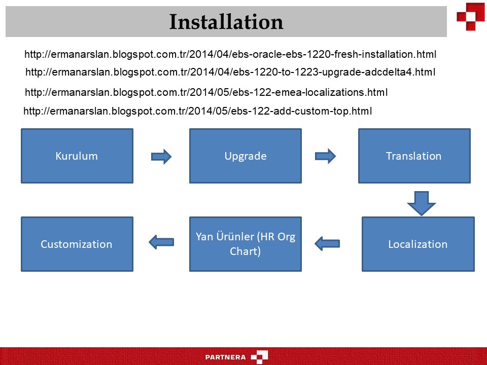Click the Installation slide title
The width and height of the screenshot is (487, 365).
click(x=226, y=22)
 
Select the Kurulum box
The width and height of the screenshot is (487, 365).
click(x=77, y=156)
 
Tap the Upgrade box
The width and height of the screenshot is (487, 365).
click(x=246, y=156)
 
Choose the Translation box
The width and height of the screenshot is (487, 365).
click(x=414, y=156)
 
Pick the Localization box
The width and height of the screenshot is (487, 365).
click(x=418, y=244)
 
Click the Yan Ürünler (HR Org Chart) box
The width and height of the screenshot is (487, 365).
click(x=246, y=244)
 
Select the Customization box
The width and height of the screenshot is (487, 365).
click(x=77, y=244)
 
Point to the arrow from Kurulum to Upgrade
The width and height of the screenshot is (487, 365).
click(x=161, y=156)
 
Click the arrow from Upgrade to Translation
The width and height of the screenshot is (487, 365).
click(x=325, y=156)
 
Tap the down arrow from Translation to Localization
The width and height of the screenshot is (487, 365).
click(x=422, y=203)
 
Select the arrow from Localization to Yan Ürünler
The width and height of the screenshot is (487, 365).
click(x=327, y=244)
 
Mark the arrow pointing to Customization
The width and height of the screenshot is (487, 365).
click(x=161, y=242)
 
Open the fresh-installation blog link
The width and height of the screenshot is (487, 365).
click(x=230, y=54)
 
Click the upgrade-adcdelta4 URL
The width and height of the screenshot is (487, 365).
click(x=230, y=72)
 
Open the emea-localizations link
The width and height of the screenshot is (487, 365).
click(x=206, y=92)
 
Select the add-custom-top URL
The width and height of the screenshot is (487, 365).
click(x=198, y=111)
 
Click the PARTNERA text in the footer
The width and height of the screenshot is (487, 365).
click(x=225, y=357)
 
